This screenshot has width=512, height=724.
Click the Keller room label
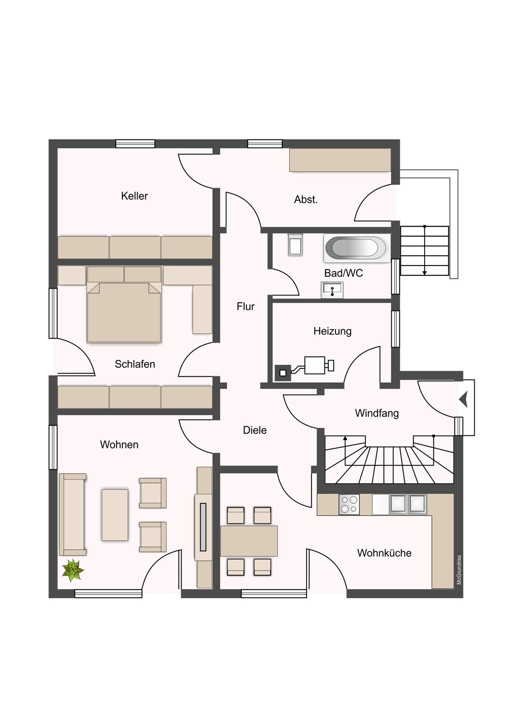(x=134, y=196)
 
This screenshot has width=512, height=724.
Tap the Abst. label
(x=306, y=200)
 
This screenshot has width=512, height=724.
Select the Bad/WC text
(x=344, y=273)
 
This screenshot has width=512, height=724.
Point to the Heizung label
(x=332, y=331)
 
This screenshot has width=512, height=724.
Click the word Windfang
(x=377, y=413)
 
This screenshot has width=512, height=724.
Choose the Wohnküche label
(x=384, y=553)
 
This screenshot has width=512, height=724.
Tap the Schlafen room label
(x=135, y=364)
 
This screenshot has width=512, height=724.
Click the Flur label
(x=245, y=306)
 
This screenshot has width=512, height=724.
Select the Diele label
(x=255, y=430)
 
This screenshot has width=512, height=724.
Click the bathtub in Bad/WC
(x=357, y=248)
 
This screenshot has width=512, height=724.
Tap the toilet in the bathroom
(x=295, y=244)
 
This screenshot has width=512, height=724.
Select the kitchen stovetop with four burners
(x=349, y=505)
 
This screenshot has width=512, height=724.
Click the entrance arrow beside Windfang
(x=464, y=399)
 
